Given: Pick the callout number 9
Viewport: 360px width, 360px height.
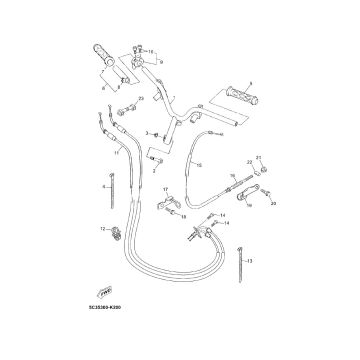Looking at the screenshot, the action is point(160,62).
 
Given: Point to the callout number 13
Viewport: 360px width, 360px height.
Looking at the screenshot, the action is point(250,261).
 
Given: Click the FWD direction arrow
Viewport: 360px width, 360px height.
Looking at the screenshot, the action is point(102,316).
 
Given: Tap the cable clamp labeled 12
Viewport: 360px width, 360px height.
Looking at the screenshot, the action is point(113,236).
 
